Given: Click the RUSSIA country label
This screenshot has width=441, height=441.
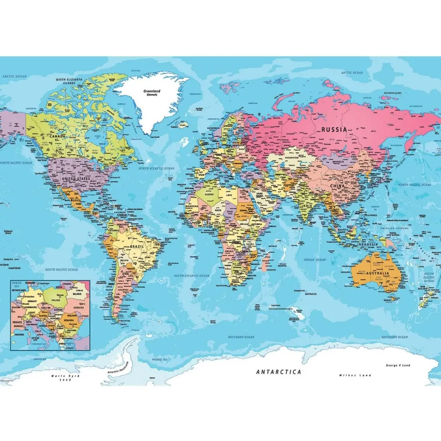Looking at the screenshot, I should click(334, 129).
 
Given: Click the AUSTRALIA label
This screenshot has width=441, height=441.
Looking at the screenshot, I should click(376, 273).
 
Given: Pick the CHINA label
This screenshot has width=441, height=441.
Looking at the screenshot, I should click(337, 186).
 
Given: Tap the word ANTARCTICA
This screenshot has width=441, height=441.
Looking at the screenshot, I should click(279, 371).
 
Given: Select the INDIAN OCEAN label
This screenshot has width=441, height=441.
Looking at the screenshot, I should click(315, 259).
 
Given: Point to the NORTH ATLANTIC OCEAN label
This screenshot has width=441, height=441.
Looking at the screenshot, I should click(156, 168).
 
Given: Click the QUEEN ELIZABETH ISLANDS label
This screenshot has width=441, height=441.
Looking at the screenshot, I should click(69, 81).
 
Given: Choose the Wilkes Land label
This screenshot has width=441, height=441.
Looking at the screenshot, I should click(355, 375).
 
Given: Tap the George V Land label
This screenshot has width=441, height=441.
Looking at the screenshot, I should click(398, 365).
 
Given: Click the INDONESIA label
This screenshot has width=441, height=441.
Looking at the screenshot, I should click(367, 244).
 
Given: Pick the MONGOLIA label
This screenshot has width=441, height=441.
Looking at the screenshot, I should click(338, 161).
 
